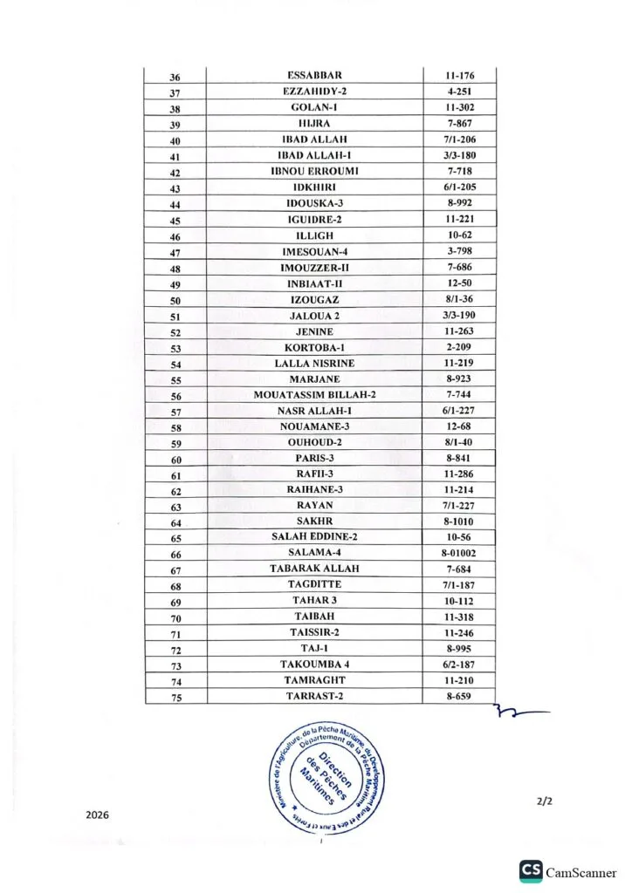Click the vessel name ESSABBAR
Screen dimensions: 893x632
click(x=314, y=77)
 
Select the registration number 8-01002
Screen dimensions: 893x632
click(x=459, y=553)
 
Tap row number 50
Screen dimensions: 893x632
click(x=175, y=301)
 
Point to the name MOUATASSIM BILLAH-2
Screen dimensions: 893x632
click(x=314, y=395)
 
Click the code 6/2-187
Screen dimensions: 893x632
click(x=459, y=665)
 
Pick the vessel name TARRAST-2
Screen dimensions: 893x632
click(x=314, y=696)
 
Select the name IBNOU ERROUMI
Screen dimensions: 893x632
click(x=314, y=172)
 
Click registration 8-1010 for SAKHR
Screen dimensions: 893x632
click(x=459, y=521)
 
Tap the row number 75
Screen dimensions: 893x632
click(x=175, y=697)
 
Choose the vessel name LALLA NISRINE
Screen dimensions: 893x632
click(x=314, y=363)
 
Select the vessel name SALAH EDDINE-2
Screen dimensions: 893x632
click(x=314, y=537)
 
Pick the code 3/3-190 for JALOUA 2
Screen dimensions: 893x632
click(x=459, y=315)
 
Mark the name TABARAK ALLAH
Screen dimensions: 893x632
click(x=314, y=569)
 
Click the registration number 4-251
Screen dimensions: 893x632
click(x=459, y=92)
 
